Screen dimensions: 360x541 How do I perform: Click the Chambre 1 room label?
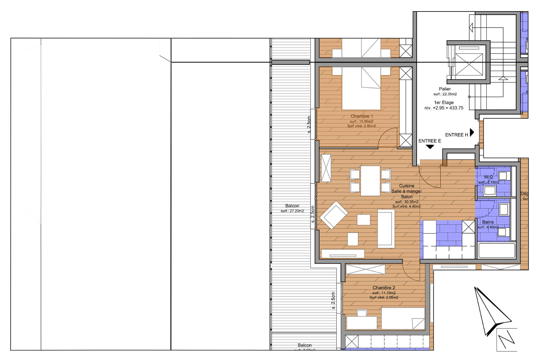coord(361,116)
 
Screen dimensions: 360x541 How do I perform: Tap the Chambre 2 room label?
coord(384,288)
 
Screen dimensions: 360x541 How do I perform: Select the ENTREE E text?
coord(429,141)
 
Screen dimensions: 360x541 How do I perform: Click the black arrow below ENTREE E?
coord(430,147)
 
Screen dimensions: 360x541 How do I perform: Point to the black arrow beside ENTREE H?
coord(472,132)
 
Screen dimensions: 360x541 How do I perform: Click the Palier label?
coord(445,89)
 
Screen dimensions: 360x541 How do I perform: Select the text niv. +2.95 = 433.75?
coord(444,108)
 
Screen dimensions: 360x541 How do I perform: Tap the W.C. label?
coord(489,177)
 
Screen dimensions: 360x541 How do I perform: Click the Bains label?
coord(488,222)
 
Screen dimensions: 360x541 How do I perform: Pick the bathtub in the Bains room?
coord(496,250)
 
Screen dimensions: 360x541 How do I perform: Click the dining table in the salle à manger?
coord(370,181)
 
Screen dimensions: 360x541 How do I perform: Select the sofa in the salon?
coord(386,228)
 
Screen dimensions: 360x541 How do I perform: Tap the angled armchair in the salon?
coord(334,215)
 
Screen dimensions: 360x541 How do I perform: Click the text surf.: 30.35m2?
coord(406,202)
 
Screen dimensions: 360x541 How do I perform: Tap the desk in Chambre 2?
coord(361,322)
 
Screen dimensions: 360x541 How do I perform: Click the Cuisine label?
coord(406,186)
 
